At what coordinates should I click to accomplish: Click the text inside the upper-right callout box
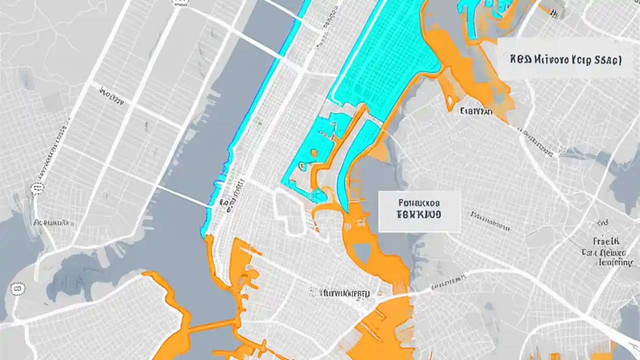pyautogui.click(x=565, y=60)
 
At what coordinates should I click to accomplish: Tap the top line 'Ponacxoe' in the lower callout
pyautogui.click(x=419, y=203)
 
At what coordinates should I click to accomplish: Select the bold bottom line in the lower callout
pyautogui.click(x=419, y=215)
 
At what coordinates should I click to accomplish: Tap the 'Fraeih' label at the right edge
pyautogui.click(x=606, y=241)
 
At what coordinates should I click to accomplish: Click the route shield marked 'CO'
pyautogui.click(x=18, y=288)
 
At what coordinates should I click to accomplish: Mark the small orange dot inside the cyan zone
pyautogui.click(x=313, y=153)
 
